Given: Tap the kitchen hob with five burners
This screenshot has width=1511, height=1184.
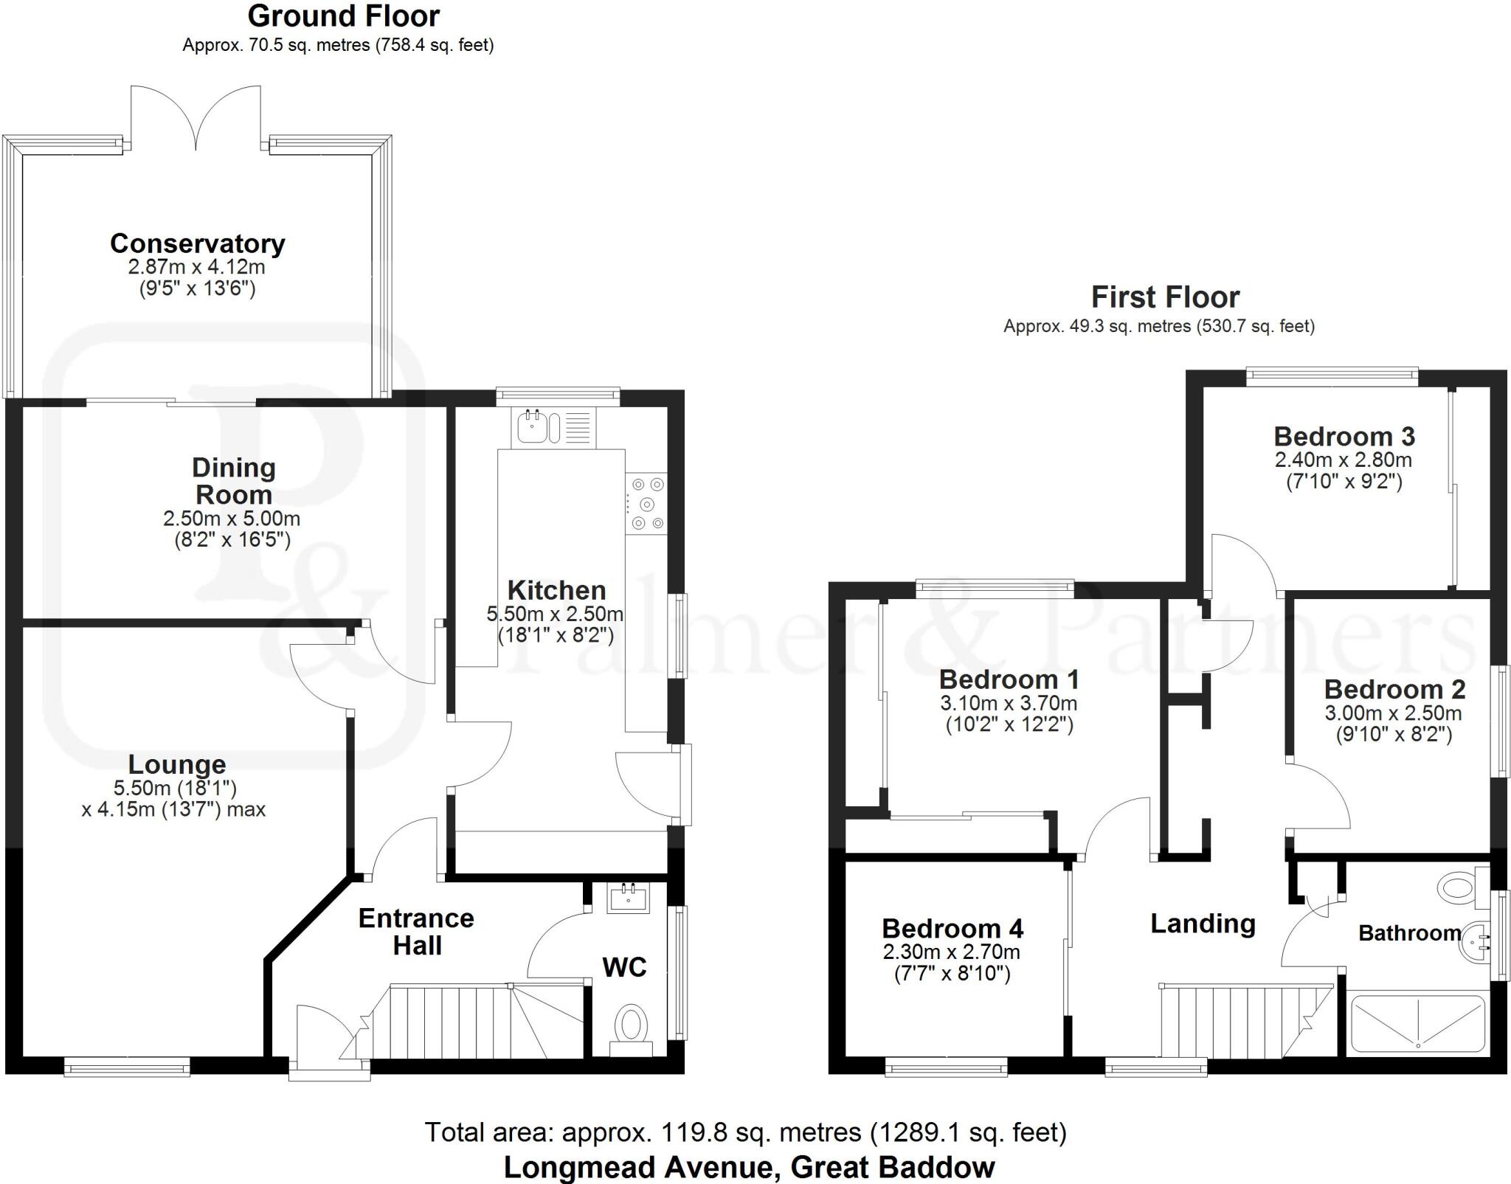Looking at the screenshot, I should (x=646, y=505).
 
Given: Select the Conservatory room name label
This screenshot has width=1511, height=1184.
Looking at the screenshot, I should (x=198, y=243).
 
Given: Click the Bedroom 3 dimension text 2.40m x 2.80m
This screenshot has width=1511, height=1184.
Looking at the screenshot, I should (x=1343, y=460).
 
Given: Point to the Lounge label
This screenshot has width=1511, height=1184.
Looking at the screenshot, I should (x=177, y=764).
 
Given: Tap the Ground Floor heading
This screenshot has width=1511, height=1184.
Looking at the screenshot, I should (x=343, y=16).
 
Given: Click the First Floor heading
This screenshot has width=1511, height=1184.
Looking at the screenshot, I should (x=1165, y=297).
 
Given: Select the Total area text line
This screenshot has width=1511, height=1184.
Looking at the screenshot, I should (x=745, y=1132).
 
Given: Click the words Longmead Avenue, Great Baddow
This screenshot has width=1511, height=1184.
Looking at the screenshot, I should (x=749, y=1167).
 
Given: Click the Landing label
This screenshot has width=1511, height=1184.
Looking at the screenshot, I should (x=1203, y=924).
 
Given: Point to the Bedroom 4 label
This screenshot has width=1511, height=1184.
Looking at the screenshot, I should (x=952, y=928).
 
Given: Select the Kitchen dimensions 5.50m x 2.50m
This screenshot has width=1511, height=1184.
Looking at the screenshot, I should (x=555, y=614).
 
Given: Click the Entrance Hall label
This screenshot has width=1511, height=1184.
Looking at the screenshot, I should (x=416, y=932).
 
